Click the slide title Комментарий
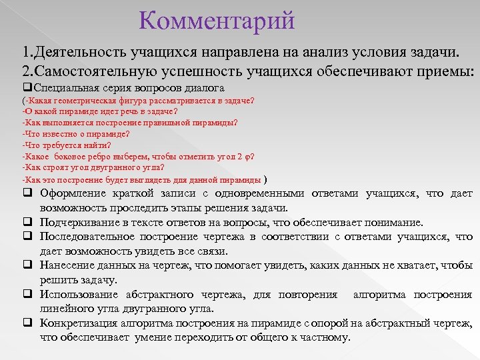(217, 21)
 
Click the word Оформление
(73, 193)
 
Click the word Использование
(79, 295)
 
